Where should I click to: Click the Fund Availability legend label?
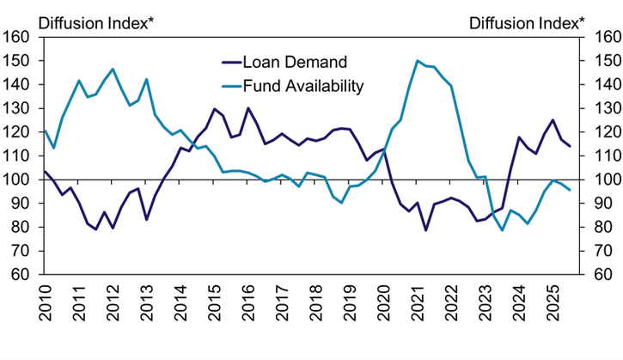tap(303, 86)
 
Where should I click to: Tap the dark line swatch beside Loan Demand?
tap(230, 62)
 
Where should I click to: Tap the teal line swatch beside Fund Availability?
tap(230, 86)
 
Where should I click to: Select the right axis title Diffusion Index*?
tap(527, 20)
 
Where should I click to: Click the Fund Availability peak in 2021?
tap(418, 61)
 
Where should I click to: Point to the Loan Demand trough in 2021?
tap(425, 230)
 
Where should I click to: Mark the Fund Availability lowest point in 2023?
tap(502, 229)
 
